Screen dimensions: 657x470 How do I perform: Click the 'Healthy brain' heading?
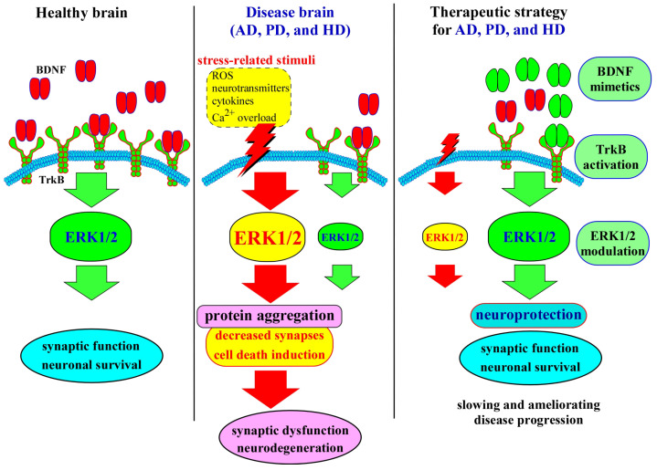click(81, 13)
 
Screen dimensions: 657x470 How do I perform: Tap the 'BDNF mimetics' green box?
click(615, 79)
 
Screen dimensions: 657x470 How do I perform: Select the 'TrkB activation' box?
click(611, 157)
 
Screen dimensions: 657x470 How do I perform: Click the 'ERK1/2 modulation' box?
click(612, 243)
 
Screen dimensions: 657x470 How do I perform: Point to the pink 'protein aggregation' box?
click(270, 316)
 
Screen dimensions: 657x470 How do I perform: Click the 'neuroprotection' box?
click(528, 315)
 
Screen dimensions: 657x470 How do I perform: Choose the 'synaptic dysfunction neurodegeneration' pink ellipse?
click(290, 440)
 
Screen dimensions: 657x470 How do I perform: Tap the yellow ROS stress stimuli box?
click(249, 97)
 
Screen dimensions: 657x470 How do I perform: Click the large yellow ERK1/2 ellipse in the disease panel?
click(268, 237)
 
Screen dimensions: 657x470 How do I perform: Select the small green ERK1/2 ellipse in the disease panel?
click(341, 237)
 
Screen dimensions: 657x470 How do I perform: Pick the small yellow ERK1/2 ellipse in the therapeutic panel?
click(445, 237)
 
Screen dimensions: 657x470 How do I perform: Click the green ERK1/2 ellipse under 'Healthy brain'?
click(91, 237)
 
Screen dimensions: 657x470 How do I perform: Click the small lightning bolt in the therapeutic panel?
click(448, 149)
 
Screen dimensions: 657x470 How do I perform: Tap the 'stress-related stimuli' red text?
click(256, 60)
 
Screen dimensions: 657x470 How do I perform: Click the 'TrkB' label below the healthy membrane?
click(51, 180)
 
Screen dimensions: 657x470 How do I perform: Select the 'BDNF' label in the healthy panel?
click(50, 69)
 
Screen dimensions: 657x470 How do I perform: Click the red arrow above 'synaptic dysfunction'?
click(270, 389)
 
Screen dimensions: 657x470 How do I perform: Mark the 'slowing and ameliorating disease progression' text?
click(528, 413)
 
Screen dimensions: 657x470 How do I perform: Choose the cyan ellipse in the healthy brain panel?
click(91, 355)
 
